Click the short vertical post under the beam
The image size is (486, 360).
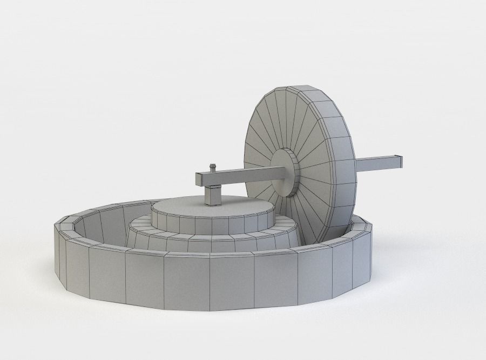click(x=214, y=194)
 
